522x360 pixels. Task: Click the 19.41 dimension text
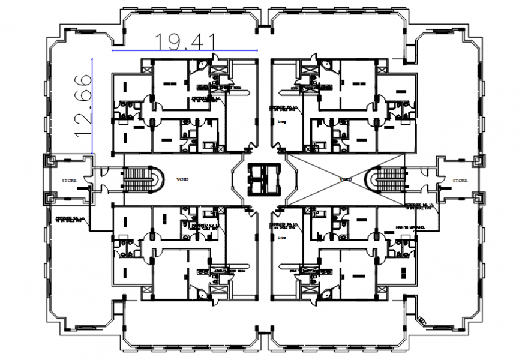(185, 40)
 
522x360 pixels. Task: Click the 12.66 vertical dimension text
(83, 104)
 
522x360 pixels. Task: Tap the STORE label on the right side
(460, 180)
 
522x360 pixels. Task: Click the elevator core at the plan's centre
(261, 178)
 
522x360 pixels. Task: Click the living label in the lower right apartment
(281, 237)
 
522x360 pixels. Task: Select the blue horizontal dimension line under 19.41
(185, 50)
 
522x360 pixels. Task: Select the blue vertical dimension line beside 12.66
(92, 104)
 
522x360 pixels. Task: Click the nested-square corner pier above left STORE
(51, 160)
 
